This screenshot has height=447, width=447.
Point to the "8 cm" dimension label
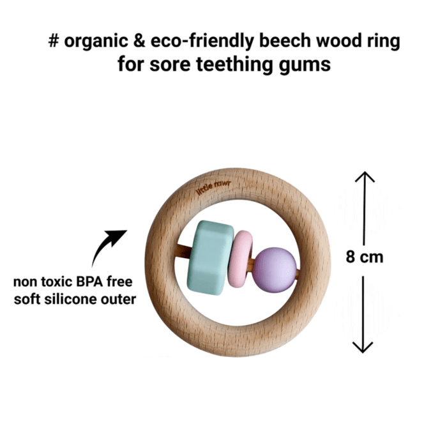(365, 257)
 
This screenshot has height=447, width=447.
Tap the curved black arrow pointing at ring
(109, 245)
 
